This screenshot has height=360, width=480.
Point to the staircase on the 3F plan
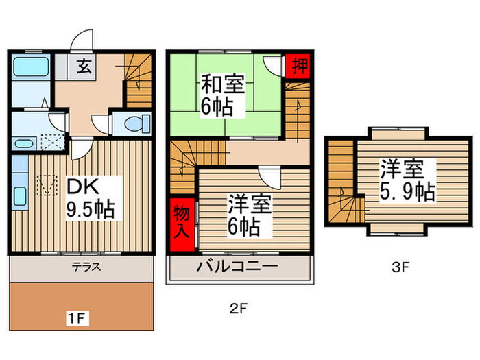342,182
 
